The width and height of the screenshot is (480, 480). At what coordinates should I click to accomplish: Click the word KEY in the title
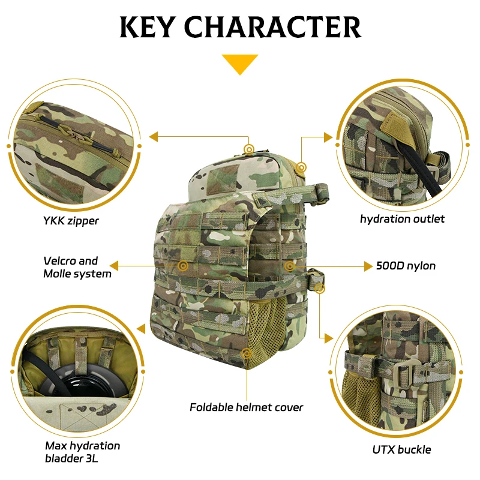point(148,27)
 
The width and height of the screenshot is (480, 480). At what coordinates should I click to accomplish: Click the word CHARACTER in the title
point(273,27)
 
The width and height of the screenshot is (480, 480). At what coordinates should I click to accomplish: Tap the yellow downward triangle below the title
point(240,64)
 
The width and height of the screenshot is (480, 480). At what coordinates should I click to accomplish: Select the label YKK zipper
point(71,221)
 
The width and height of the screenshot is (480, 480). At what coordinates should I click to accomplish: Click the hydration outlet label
point(402,219)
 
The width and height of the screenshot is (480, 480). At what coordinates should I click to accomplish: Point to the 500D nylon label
point(406,266)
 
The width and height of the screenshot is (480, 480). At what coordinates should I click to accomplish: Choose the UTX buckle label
point(401,449)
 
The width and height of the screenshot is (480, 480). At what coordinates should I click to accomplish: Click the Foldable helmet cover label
point(247,407)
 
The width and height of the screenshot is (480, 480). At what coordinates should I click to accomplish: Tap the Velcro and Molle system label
point(77,267)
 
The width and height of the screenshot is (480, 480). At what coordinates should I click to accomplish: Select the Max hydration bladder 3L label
point(83,452)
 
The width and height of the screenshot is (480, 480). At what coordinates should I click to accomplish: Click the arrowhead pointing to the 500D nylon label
point(368,266)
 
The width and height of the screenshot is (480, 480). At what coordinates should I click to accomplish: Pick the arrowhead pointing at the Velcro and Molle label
point(114,266)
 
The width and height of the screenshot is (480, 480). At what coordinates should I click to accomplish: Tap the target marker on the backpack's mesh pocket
point(247,353)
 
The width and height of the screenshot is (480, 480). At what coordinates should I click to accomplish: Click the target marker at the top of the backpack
point(249,149)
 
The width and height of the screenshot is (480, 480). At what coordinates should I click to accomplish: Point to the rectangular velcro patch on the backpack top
point(222,179)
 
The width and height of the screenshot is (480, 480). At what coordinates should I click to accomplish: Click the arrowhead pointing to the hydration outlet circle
point(328,137)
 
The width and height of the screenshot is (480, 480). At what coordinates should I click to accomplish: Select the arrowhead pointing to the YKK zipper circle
point(154,137)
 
